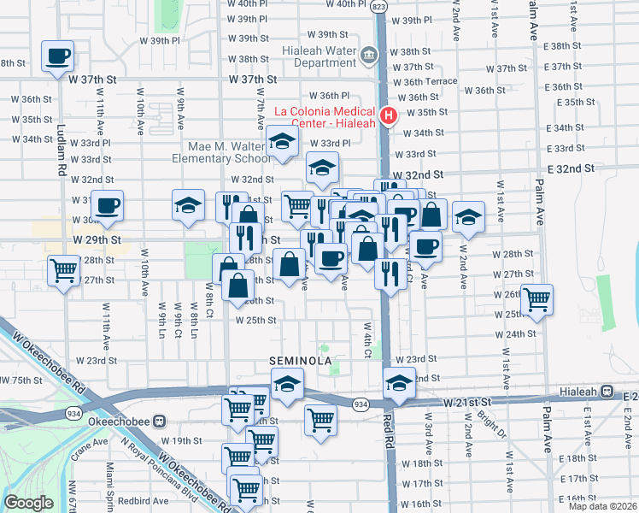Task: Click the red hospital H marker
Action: pyautogui.click(x=389, y=116)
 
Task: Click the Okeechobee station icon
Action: pyautogui.click(x=170, y=422)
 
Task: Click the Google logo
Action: pyautogui.click(x=28, y=503)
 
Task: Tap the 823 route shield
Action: pyautogui.click(x=378, y=6)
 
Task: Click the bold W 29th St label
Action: pyautogui.click(x=97, y=241)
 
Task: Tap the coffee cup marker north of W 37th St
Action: pyautogui.click(x=58, y=57)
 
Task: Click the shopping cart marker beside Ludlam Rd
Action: pyautogui.click(x=63, y=272)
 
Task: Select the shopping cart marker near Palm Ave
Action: pyautogui.click(x=537, y=301)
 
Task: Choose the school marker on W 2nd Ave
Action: pyautogui.click(x=468, y=217)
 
